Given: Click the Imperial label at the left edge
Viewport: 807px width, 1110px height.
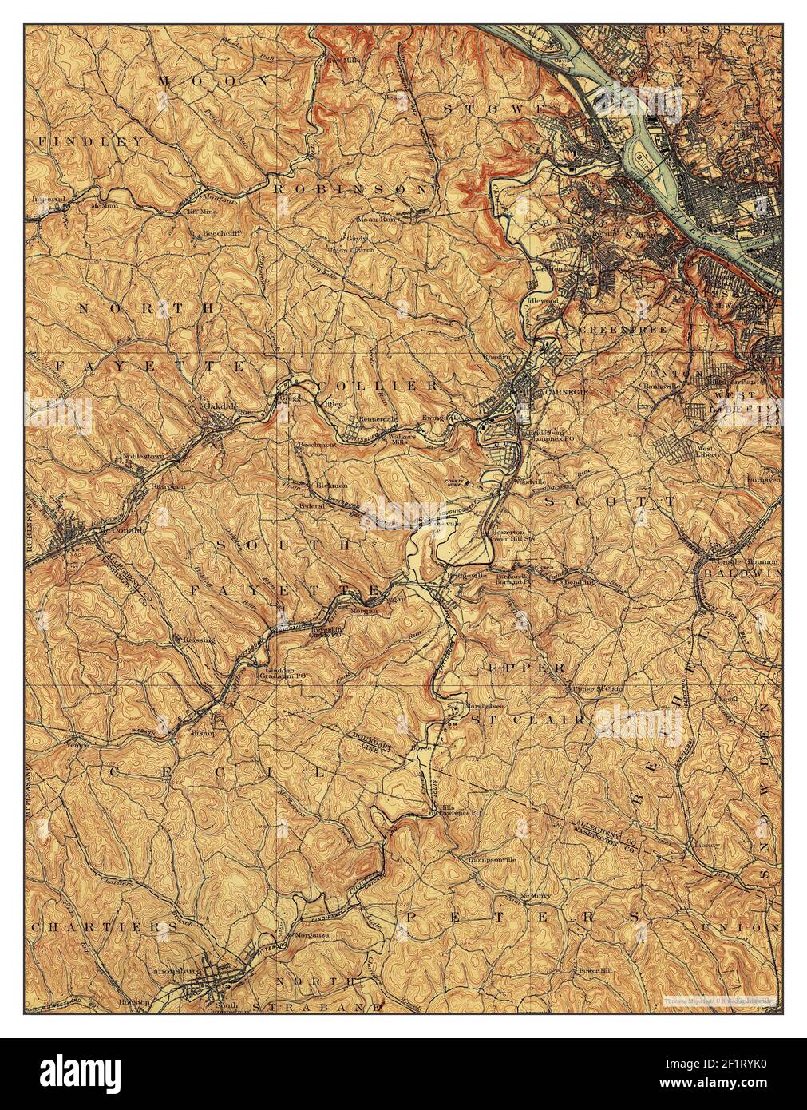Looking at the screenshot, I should (49, 196).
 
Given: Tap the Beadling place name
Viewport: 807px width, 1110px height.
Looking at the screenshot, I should (578, 582).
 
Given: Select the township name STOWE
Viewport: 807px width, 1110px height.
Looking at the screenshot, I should (496, 107).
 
